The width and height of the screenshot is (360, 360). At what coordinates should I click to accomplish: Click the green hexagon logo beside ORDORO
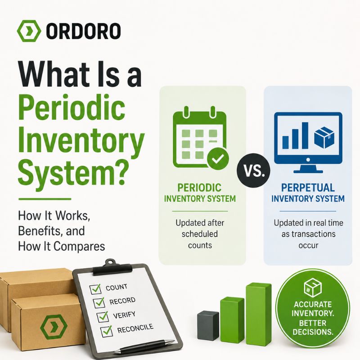tap(29, 31)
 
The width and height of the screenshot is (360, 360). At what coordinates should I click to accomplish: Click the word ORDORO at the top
tap(83, 31)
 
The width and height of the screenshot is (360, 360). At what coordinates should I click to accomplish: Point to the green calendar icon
tap(200, 137)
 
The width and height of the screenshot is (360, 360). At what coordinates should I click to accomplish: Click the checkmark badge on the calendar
tap(218, 159)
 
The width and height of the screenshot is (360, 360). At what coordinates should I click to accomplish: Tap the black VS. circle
tap(253, 171)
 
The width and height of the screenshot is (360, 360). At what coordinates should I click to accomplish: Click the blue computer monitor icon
tap(308, 142)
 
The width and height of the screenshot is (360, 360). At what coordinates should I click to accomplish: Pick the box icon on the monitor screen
tap(324, 137)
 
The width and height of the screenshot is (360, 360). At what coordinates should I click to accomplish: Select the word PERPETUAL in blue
tap(308, 188)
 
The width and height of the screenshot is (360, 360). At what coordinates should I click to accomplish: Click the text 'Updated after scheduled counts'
tap(200, 234)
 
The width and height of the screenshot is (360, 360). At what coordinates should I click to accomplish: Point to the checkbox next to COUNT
tap(95, 289)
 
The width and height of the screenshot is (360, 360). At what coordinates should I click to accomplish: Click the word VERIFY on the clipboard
tap(124, 315)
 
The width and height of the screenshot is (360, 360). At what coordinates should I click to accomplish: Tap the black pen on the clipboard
tap(144, 346)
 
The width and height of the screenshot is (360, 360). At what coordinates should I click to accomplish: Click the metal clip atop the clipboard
tap(112, 267)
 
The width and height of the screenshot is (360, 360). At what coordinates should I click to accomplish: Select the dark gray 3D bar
tap(208, 325)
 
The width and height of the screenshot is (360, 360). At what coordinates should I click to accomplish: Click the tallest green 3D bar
tap(258, 314)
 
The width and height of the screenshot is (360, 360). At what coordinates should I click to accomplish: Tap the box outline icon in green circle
tap(312, 288)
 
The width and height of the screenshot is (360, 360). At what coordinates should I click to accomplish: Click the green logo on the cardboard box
tap(54, 327)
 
